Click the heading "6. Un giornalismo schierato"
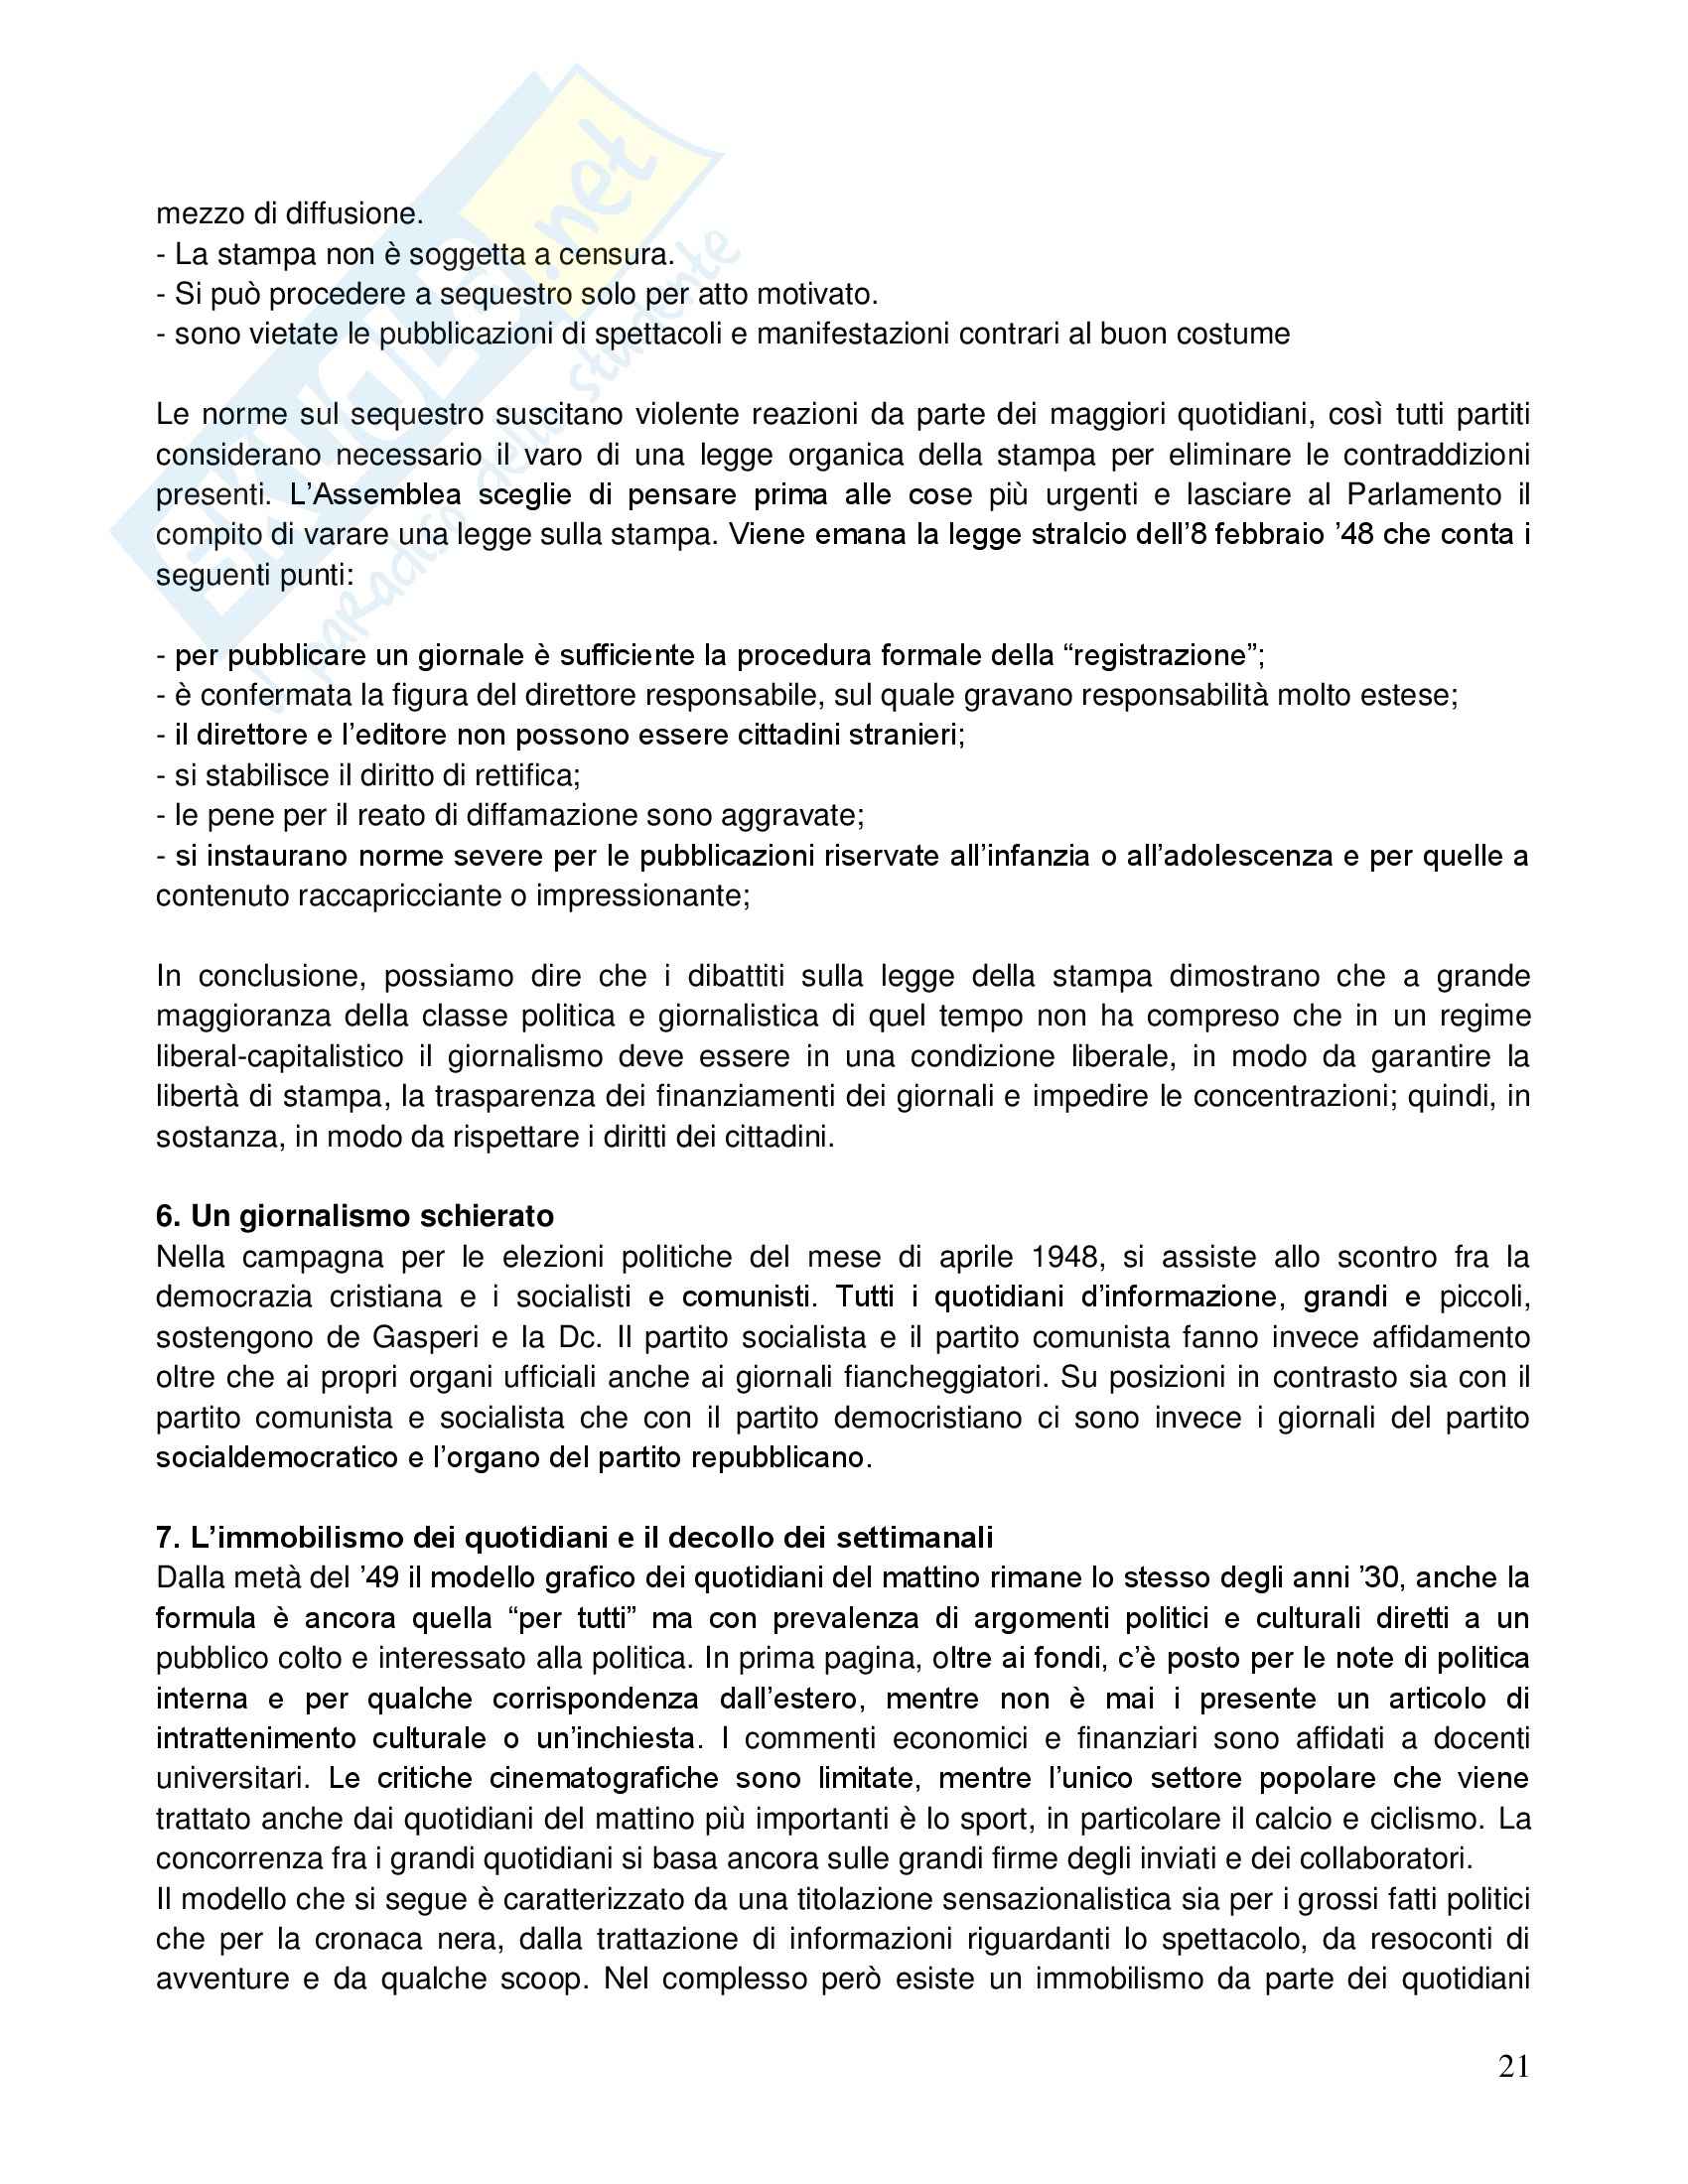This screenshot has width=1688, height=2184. pos(355,1216)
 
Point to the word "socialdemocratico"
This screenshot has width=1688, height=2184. pos(277,1457)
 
